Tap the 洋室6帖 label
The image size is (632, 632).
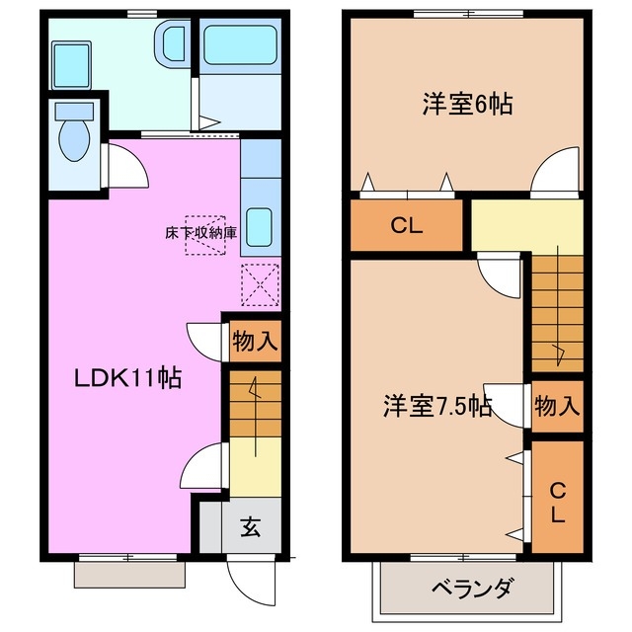tap(467, 105)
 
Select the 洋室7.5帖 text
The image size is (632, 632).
tap(437, 405)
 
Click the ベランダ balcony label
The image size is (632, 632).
tap(472, 590)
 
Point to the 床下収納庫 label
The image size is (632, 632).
tap(200, 233)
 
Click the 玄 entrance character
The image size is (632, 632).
tap(249, 527)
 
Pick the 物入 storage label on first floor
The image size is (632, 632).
tap(255, 343)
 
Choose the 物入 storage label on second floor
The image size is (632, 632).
tap(557, 404)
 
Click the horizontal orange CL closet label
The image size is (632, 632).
tap(406, 224)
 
